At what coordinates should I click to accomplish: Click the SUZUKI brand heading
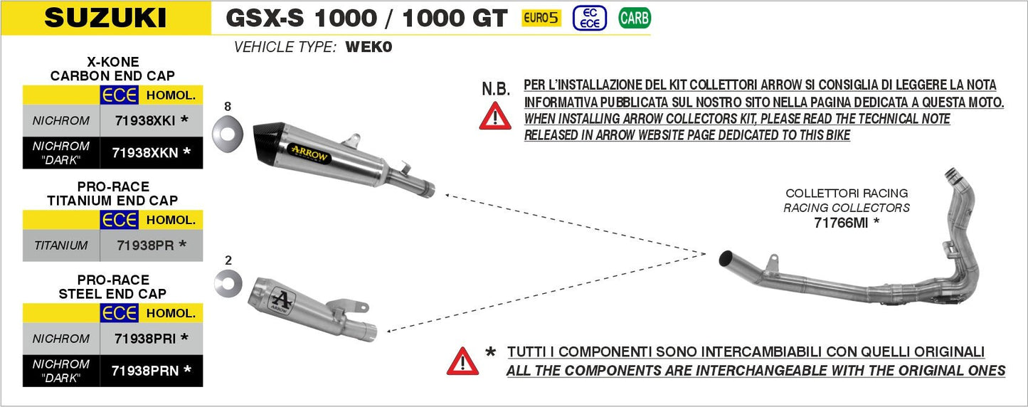pos(105,18)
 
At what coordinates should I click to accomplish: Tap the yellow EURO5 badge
pos(541,18)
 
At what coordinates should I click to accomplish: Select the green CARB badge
pos(634,18)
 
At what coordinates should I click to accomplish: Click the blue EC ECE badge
pos(590,18)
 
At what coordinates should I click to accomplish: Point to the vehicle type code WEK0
pos(369,48)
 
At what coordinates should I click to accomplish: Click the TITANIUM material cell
pos(60,245)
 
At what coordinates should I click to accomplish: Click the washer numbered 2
pos(228,284)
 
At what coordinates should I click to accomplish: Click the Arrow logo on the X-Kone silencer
pos(309,151)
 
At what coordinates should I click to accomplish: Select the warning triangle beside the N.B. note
pos(495,115)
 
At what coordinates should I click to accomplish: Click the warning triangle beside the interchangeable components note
pos(462,361)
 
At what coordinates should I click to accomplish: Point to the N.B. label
pos(496,89)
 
